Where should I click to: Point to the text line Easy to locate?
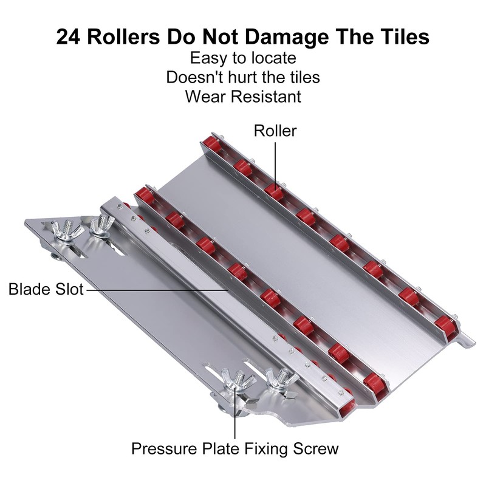(x=243, y=58)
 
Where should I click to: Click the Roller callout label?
(x=275, y=131)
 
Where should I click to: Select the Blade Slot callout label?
(x=46, y=289)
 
